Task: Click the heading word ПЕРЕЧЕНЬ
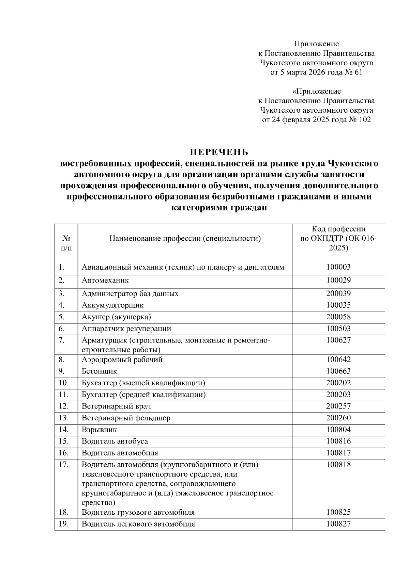tap(219, 151)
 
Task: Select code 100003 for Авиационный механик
tap(338, 267)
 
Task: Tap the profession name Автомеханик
tap(105, 280)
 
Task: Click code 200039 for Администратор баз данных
tap(338, 293)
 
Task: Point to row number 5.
tap(62, 317)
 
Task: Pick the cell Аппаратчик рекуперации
tap(126, 328)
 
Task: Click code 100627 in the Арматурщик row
tap(338, 340)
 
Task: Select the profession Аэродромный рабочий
tap(122, 359)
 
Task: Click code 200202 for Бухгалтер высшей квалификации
tap(338, 383)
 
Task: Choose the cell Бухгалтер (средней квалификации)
tap(143, 395)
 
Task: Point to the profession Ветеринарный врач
tap(116, 406)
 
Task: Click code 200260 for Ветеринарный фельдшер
tap(338, 418)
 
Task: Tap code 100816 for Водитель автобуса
tap(338, 441)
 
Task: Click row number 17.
tap(63, 465)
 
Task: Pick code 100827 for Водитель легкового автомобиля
tap(338, 524)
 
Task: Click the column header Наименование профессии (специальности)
tap(185, 238)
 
